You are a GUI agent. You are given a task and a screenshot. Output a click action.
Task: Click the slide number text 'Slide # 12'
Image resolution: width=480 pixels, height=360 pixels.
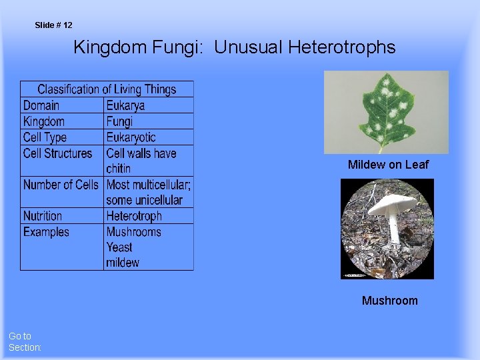pos(53,25)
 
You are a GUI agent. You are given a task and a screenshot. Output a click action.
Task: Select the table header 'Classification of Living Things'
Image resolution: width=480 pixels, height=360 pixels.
pos(107,89)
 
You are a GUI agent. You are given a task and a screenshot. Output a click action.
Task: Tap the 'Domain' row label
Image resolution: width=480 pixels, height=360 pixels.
pos(41,105)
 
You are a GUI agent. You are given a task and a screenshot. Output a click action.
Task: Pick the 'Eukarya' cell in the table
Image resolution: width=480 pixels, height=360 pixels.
pos(125,105)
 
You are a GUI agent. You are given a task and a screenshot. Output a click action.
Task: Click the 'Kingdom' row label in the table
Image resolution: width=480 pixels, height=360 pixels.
pos(44,121)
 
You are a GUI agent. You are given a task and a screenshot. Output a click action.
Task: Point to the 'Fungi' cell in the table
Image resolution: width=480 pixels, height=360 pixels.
pos(120,121)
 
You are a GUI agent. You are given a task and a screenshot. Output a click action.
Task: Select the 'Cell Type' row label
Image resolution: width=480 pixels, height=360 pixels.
pos(45,137)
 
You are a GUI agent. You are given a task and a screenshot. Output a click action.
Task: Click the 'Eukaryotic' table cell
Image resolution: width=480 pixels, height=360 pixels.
pos(131,137)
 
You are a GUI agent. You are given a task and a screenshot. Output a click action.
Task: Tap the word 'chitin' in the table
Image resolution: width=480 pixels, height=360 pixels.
pos(119,169)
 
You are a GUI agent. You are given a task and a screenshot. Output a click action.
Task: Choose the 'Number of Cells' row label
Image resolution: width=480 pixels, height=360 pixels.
pos(61,185)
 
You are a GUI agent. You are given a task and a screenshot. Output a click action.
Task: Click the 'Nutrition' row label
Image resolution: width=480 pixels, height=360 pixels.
pos(43,216)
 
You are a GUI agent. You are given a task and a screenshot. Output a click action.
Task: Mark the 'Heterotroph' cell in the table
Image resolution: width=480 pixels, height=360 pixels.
pos(134,216)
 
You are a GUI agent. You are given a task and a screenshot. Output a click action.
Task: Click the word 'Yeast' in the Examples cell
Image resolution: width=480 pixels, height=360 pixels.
pos(120,247)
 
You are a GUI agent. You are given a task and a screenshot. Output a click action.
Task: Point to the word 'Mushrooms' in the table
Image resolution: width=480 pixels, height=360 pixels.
pos(134,232)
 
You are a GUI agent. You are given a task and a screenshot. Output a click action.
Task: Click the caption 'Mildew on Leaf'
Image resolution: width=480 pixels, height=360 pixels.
pos(388,165)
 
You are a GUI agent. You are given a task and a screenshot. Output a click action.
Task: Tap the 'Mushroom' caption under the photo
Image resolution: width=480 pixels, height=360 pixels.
pos(389,301)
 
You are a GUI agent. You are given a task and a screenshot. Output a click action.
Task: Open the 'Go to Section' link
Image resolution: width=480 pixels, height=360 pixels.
pos(25,342)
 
